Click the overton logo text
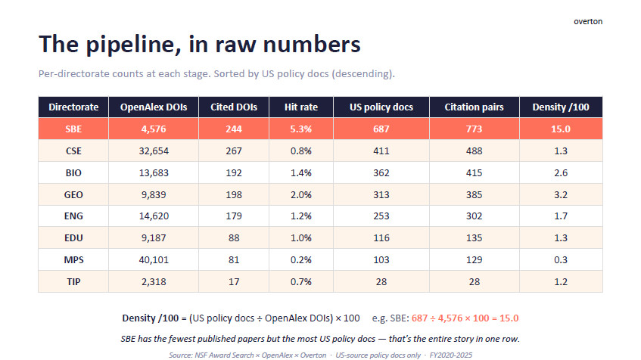click(588, 21)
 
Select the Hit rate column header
click(301, 107)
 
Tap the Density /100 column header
click(561, 107)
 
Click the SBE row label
click(73, 129)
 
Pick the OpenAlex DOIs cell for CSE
click(154, 151)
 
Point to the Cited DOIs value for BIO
click(234, 173)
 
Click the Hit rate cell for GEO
click(301, 195)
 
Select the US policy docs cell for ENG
click(381, 216)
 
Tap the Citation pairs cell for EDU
click(475, 237)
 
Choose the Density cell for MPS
click(561, 260)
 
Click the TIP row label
click(73, 282)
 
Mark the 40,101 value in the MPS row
click(154, 260)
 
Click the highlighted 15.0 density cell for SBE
click(561, 129)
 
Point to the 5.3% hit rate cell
click(301, 129)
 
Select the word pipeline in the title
click(133, 45)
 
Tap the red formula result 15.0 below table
click(509, 318)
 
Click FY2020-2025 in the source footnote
click(450, 355)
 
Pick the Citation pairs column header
click(475, 107)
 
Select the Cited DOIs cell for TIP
click(234, 282)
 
